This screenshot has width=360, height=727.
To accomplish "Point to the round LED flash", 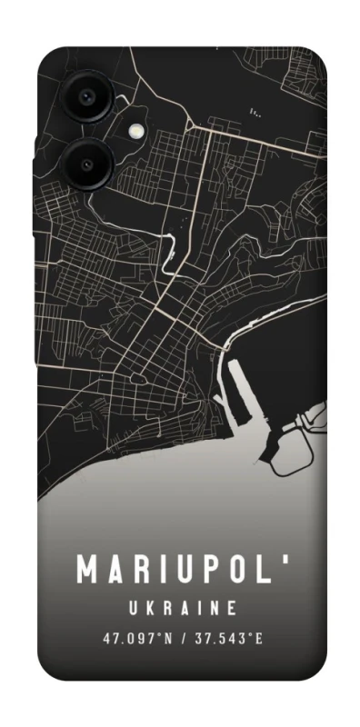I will click(137, 130).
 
